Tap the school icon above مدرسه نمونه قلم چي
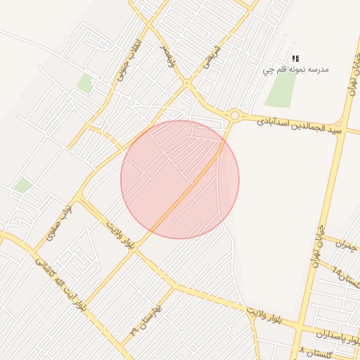coord(295,58)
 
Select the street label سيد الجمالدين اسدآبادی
coord(298,124)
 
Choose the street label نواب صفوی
coord(59,224)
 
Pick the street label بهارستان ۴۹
coord(145,320)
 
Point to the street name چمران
coord(347,246)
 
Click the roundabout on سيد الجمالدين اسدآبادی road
coord(234,115)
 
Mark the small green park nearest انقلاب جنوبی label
coord(85,83)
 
